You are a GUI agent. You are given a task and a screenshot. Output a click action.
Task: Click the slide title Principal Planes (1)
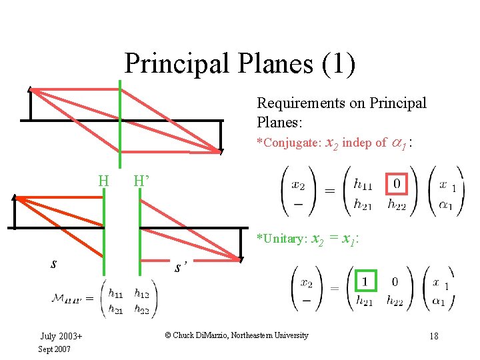(x=240, y=64)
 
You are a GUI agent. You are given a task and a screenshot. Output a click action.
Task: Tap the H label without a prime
(x=103, y=181)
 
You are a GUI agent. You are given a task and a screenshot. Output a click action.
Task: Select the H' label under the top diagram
(x=142, y=181)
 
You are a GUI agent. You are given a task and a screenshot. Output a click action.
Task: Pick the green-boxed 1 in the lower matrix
(x=365, y=282)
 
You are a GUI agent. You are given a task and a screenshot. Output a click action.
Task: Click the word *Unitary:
(x=281, y=239)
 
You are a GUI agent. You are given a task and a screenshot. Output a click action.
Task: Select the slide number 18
(x=433, y=335)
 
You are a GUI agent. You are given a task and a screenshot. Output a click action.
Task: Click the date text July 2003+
(x=61, y=335)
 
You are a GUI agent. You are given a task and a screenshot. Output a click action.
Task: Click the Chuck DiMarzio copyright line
(x=237, y=335)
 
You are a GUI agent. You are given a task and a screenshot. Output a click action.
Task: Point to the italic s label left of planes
(x=53, y=263)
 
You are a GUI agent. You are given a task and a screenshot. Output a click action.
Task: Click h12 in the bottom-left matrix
(x=142, y=293)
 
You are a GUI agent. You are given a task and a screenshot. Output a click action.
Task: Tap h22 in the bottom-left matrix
(x=142, y=310)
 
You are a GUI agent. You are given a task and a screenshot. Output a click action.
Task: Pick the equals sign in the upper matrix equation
(x=329, y=191)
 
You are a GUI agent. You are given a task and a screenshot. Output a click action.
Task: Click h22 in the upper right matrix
(x=399, y=204)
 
